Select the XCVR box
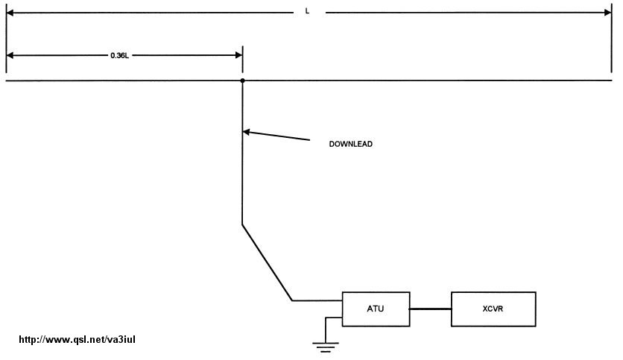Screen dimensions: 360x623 click(x=493, y=309)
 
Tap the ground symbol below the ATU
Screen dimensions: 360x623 click(x=326, y=344)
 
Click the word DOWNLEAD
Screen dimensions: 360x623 click(x=350, y=144)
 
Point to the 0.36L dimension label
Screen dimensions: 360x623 click(x=119, y=55)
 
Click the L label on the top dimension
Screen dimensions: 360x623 click(x=308, y=12)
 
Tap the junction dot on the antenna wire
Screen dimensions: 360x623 click(x=243, y=80)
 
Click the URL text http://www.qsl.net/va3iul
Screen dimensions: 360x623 click(x=76, y=340)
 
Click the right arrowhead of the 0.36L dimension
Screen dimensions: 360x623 click(x=238, y=55)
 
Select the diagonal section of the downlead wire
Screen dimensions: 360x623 click(x=267, y=262)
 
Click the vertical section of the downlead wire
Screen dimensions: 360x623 click(x=243, y=179)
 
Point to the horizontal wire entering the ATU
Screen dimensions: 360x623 click(x=317, y=300)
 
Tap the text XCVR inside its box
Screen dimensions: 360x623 click(x=493, y=309)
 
